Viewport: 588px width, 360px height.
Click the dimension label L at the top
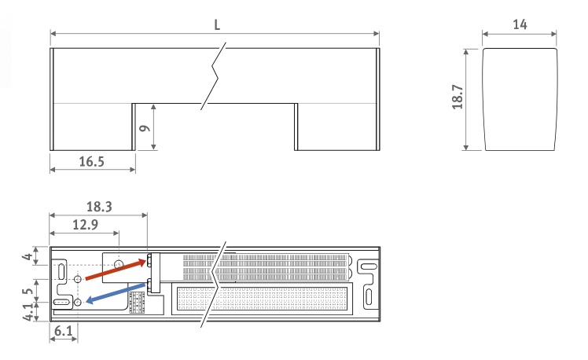(217, 24)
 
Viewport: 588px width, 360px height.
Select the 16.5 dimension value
(91, 162)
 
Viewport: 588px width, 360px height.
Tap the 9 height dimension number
(145, 128)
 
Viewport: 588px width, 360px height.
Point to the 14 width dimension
(520, 24)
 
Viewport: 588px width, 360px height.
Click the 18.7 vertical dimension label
(458, 97)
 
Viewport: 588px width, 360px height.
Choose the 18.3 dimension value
(99, 207)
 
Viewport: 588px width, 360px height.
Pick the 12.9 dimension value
(85, 225)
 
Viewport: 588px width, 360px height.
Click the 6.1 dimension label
(64, 331)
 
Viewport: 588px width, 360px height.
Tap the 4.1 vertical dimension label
(28, 312)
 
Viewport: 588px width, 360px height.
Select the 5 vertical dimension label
(28, 292)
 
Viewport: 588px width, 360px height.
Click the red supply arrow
(116, 270)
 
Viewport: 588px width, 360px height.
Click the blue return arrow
(116, 293)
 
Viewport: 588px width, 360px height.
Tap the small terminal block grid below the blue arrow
(137, 303)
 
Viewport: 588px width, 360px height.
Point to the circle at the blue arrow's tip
(78, 302)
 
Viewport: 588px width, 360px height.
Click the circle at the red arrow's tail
(78, 279)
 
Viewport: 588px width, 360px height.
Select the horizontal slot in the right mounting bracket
(368, 266)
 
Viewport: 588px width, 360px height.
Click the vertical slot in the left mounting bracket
(61, 271)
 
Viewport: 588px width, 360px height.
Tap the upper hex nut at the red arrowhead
(149, 261)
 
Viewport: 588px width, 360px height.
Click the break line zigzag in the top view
(213, 76)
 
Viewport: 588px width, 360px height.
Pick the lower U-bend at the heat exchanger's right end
(351, 274)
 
